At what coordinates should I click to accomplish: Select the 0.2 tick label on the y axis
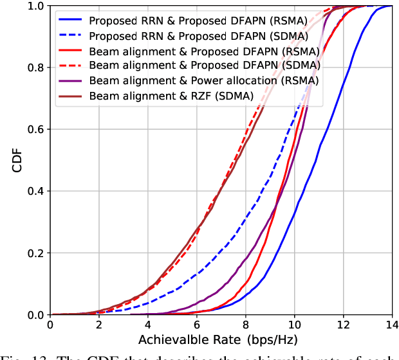click(35, 253)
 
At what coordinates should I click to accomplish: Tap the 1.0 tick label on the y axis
click(35, 6)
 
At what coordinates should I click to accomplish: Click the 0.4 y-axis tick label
click(35, 191)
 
